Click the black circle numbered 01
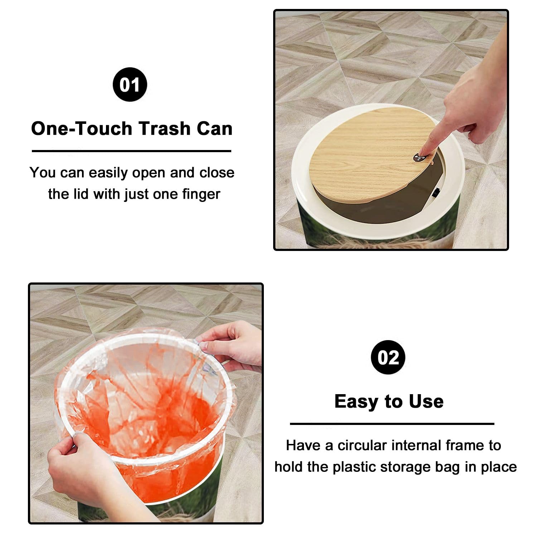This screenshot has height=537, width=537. pos(130,84)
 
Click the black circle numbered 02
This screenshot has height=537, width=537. pos(388,357)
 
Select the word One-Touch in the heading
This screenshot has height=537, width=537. pos(82,128)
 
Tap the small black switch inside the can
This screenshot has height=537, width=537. pos(436,194)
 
